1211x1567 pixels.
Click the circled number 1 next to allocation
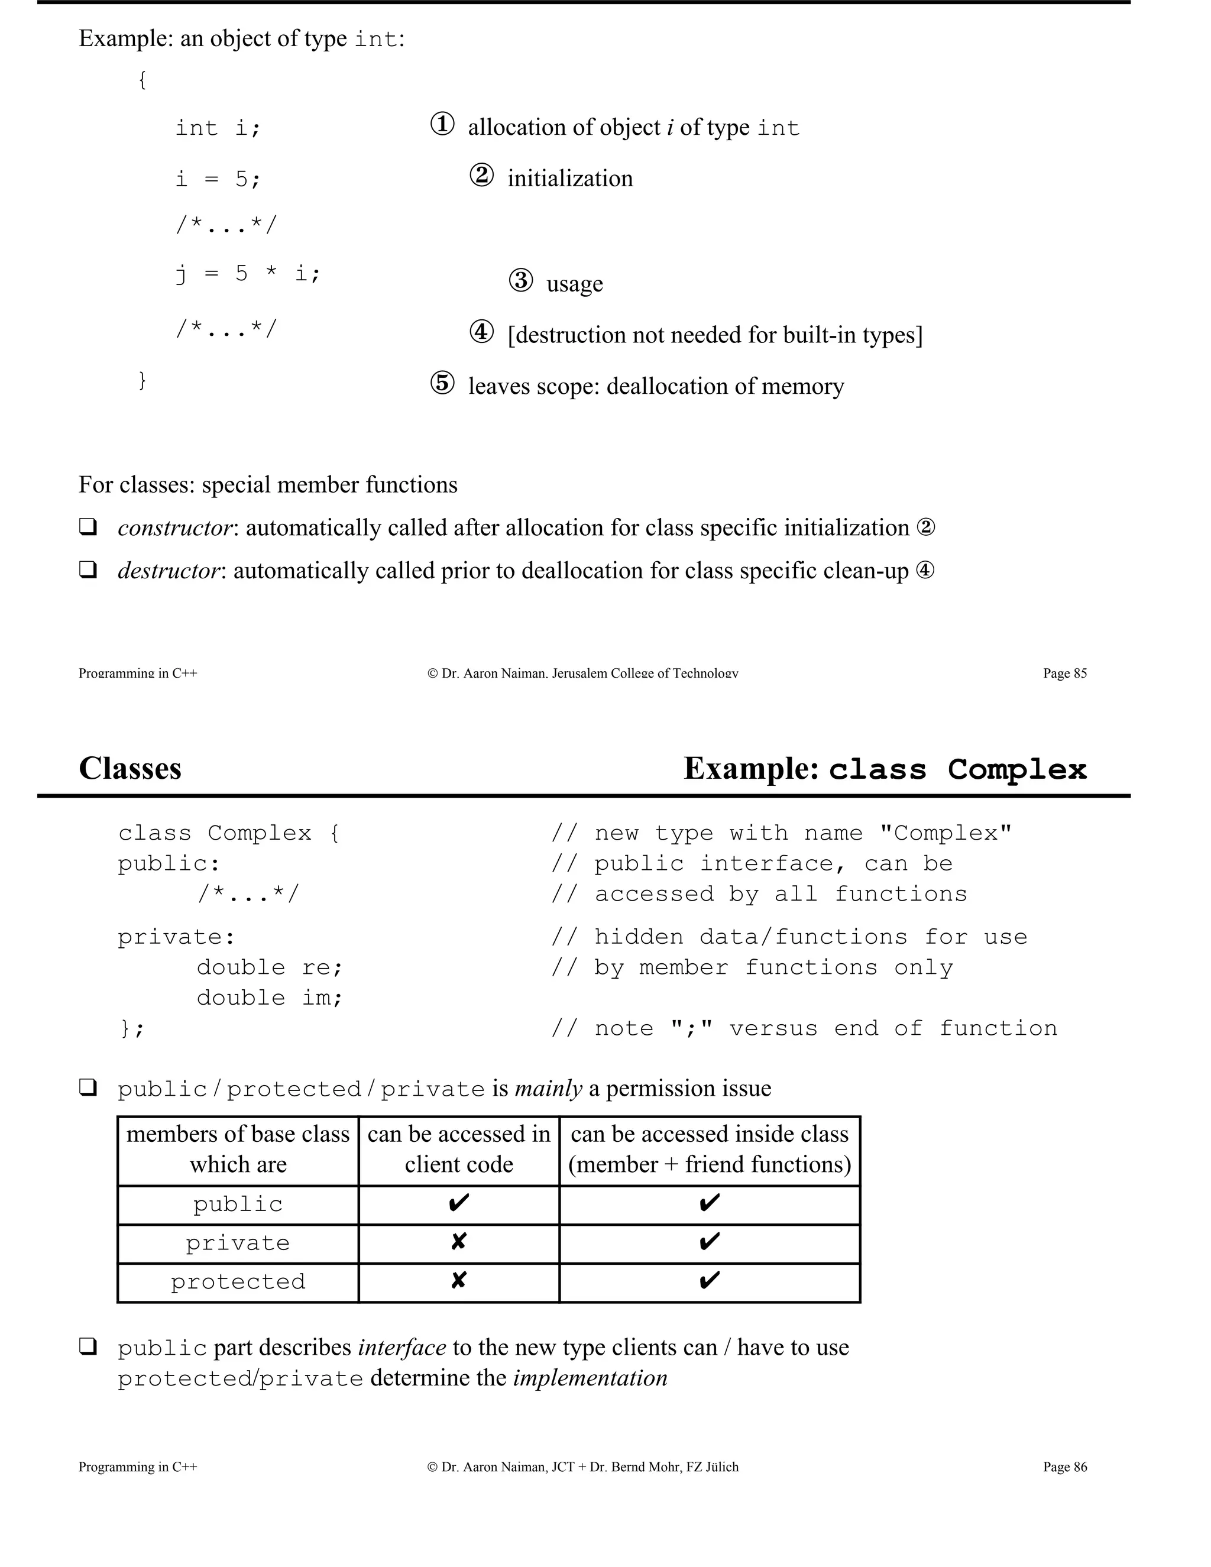[442, 124]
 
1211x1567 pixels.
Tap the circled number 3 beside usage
[521, 280]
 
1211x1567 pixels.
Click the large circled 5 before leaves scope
[442, 383]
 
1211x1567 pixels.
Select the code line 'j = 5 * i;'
[248, 273]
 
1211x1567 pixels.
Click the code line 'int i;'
[218, 128]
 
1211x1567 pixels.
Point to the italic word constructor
[175, 528]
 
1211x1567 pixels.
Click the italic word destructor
[169, 571]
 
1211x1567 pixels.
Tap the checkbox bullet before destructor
[88, 571]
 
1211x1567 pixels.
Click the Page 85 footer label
[1064, 673]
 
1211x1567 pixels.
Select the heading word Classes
[130, 769]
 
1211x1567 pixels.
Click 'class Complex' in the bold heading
[958, 770]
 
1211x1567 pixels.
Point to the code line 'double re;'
[270, 967]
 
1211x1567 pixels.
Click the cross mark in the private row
[458, 1242]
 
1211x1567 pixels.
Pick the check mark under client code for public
[458, 1203]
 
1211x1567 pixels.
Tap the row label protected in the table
[238, 1282]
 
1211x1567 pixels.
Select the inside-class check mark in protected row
[709, 1281]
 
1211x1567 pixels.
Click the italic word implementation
[590, 1378]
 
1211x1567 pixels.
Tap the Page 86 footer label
[1064, 1467]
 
